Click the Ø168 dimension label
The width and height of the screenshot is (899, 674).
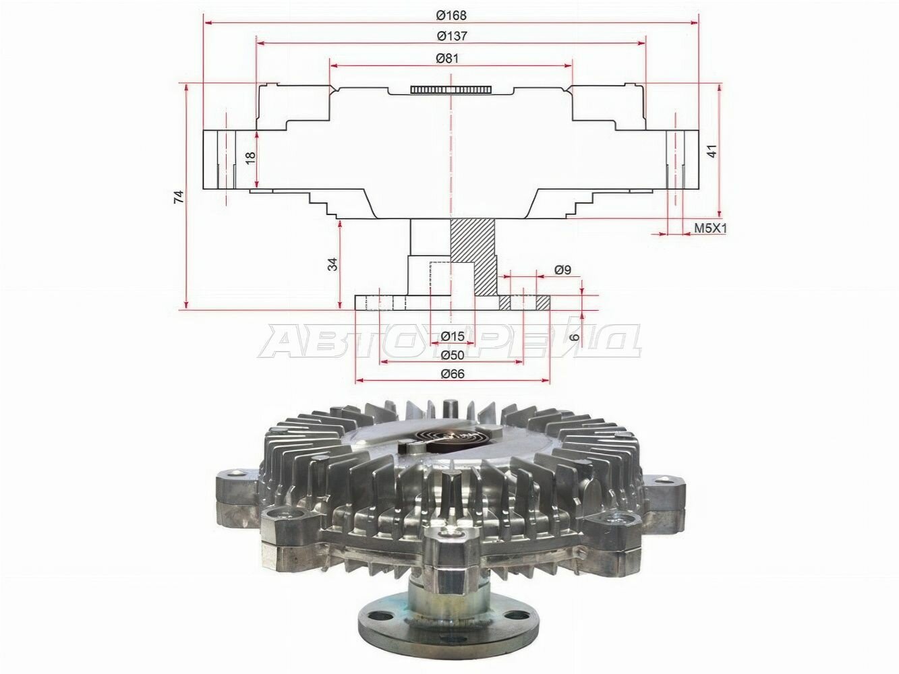coord(451,15)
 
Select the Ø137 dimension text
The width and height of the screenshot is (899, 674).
coord(451,36)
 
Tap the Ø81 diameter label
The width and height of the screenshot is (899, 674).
coord(447,59)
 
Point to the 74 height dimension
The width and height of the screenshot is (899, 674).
coord(179,197)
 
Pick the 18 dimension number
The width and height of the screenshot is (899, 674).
coord(250,158)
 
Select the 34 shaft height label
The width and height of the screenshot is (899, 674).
coord(333,264)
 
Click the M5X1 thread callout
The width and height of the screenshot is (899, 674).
coord(710,228)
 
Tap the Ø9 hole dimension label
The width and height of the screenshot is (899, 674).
coord(562,270)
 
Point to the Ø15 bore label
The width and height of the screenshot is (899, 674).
coord(453,336)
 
